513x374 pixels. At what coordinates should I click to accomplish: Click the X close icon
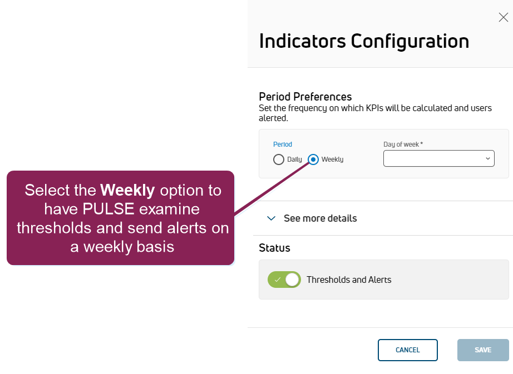coord(503,17)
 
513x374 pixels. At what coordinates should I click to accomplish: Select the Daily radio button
coord(278,159)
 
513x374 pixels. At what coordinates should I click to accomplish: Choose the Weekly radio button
coord(313,159)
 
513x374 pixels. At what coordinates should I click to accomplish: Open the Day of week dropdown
coord(439,158)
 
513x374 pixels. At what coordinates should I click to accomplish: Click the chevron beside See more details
coord(271,218)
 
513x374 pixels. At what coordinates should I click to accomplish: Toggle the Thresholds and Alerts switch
coord(284,280)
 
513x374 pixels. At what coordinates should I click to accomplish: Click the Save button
coord(483,350)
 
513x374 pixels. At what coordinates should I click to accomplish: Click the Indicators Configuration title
coord(364,41)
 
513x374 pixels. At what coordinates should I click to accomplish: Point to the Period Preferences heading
coord(305,97)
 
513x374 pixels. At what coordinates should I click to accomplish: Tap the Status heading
coord(274,248)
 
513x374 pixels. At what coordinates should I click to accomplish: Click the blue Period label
coord(283,144)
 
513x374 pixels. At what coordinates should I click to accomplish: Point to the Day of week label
coord(403,144)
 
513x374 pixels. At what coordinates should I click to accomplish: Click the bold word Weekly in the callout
coord(127,191)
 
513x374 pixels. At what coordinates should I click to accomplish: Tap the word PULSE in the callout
coord(108,209)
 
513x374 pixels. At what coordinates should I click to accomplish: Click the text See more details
coord(320,218)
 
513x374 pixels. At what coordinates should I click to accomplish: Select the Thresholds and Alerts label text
coord(349,280)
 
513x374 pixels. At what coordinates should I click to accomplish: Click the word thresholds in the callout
coord(54,228)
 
